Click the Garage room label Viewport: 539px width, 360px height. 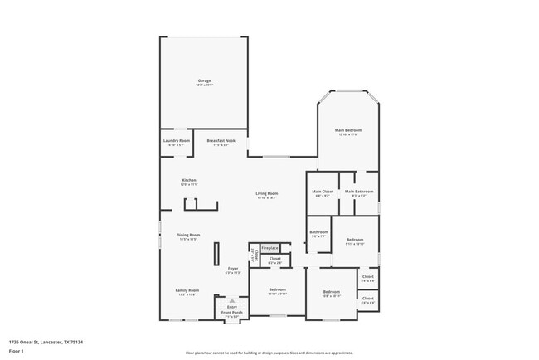pyautogui.click(x=204, y=80)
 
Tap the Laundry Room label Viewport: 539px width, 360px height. pyautogui.click(x=177, y=141)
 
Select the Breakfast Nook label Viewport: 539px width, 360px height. pyautogui.click(x=221, y=141)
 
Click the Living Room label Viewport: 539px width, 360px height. pyautogui.click(x=266, y=193)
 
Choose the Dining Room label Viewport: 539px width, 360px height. pyautogui.click(x=188, y=235)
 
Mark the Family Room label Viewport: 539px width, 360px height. pyautogui.click(x=187, y=290)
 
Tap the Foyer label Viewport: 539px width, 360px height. pyautogui.click(x=233, y=269)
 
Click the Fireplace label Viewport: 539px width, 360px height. pyautogui.click(x=269, y=247)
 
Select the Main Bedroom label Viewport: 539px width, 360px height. pyautogui.click(x=348, y=130)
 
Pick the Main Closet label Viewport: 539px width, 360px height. pyautogui.click(x=323, y=192)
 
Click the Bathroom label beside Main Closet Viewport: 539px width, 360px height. pyautogui.click(x=319, y=232)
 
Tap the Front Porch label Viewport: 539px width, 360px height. pyautogui.click(x=232, y=312)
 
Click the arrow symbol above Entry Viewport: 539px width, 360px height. pyautogui.click(x=232, y=300)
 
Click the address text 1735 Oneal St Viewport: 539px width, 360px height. pyautogui.click(x=46, y=342)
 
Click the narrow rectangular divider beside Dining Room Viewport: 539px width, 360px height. pyautogui.click(x=217, y=253)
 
